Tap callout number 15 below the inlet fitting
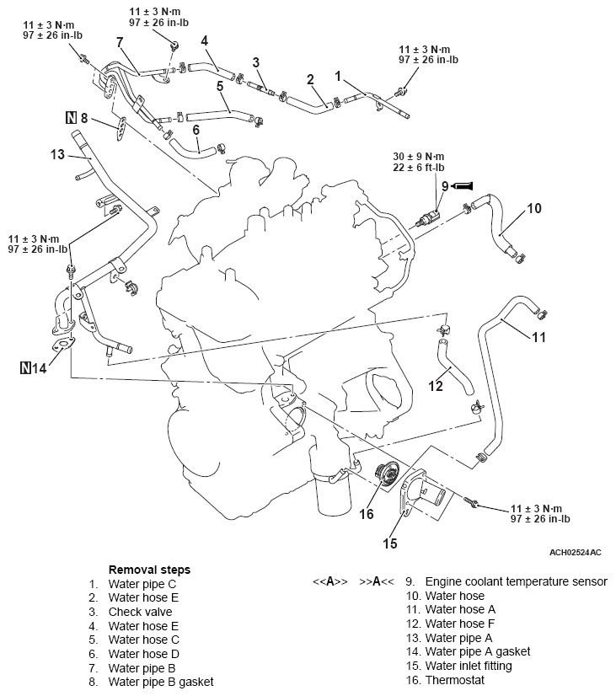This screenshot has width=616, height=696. (x=389, y=543)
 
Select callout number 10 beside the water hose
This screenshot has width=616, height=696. (x=534, y=207)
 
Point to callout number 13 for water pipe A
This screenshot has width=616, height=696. (x=57, y=154)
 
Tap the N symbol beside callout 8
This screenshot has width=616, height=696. (x=71, y=119)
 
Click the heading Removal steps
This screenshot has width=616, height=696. (x=149, y=570)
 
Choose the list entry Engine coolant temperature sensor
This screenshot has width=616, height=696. (x=516, y=581)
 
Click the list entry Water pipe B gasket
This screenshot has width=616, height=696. (x=160, y=681)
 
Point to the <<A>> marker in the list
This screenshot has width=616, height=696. (x=329, y=581)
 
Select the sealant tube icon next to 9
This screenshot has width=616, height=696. (x=465, y=185)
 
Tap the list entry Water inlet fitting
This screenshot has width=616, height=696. (x=468, y=666)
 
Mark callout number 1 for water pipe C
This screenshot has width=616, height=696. (x=338, y=76)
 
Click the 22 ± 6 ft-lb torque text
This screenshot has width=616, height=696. (x=422, y=168)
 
